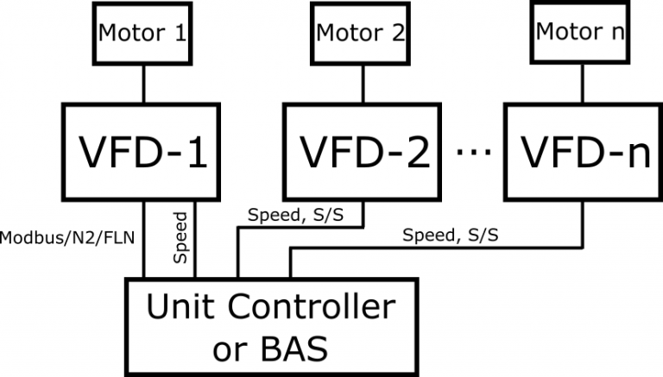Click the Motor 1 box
pyautogui.click(x=143, y=35)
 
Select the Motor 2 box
pyautogui.click(x=361, y=35)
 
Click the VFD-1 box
pyautogui.click(x=143, y=153)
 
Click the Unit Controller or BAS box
pyautogui.click(x=270, y=326)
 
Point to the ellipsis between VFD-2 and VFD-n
pyautogui.click(x=472, y=153)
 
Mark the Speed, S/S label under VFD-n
pyautogui.click(x=448, y=235)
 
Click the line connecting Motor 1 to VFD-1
pyautogui.click(x=143, y=85)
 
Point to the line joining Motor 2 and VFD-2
pyautogui.click(x=361, y=85)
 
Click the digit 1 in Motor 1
pyautogui.click(x=179, y=35)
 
